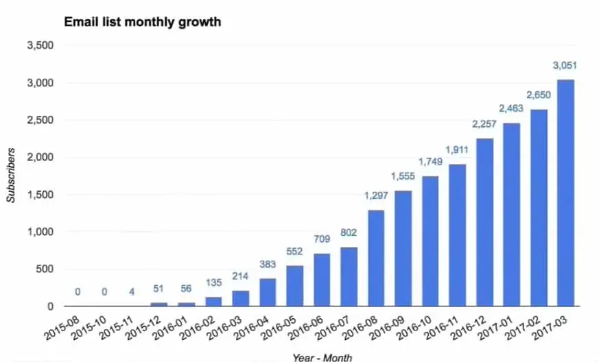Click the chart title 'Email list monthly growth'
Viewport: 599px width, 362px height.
[x=142, y=22]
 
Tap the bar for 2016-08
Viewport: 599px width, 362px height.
[x=376, y=258]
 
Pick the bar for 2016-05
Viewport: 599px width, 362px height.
[x=294, y=286]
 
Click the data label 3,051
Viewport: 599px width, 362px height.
[x=565, y=66]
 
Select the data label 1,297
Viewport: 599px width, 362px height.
[x=376, y=197]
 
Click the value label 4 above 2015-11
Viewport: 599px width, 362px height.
[x=132, y=292]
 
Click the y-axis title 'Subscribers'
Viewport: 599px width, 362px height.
[x=12, y=176]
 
